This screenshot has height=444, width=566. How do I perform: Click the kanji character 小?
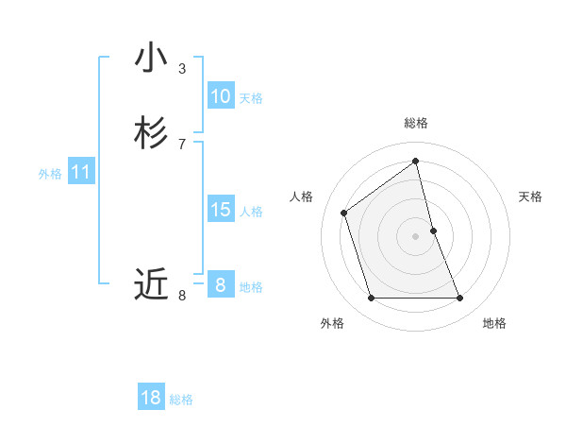(151, 59)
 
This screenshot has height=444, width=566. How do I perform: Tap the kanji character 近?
(151, 282)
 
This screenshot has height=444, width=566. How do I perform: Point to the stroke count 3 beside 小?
(182, 69)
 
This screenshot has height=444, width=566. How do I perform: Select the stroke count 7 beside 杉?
(182, 145)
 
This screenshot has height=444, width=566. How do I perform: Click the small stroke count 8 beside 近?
(182, 296)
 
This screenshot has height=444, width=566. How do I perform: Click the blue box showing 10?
(221, 96)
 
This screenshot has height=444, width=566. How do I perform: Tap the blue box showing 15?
(221, 210)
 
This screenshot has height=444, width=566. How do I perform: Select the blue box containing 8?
(221, 284)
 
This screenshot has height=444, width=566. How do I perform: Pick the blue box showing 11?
(81, 173)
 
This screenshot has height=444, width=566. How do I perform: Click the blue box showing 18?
(151, 398)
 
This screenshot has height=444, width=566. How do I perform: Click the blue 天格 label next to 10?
(251, 98)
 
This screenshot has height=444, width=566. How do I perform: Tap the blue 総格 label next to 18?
(181, 400)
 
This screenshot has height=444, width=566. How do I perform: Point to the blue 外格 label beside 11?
(50, 174)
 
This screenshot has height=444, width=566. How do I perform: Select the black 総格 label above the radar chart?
(416, 123)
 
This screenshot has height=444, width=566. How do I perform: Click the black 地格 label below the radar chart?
(494, 323)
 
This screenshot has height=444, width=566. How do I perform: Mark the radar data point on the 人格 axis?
(344, 213)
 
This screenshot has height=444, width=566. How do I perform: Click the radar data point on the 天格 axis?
(433, 231)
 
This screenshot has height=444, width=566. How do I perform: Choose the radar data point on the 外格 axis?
(371, 299)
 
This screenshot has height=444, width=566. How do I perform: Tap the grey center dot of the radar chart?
(416, 236)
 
